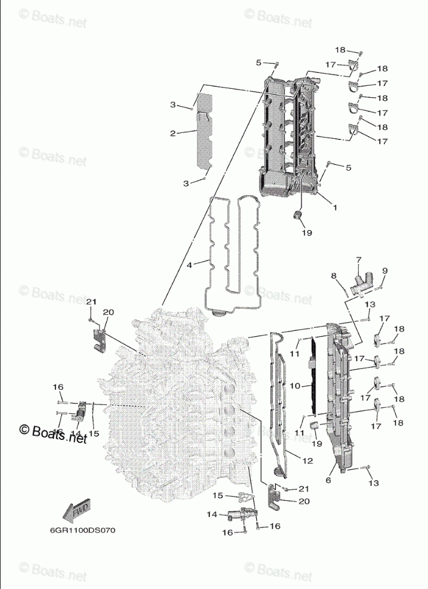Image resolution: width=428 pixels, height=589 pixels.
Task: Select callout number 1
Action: [335, 208]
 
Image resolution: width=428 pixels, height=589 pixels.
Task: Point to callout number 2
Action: [173, 134]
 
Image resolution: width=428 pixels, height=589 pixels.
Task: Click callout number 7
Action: [359, 260]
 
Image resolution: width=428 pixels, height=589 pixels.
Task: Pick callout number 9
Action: [384, 271]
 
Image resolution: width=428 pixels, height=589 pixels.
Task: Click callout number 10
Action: [294, 386]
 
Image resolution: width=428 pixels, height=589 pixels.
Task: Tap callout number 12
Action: [308, 460]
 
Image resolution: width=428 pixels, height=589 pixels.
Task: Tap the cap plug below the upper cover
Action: [298, 215]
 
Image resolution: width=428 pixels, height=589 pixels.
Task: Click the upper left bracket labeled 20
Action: [99, 337]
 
